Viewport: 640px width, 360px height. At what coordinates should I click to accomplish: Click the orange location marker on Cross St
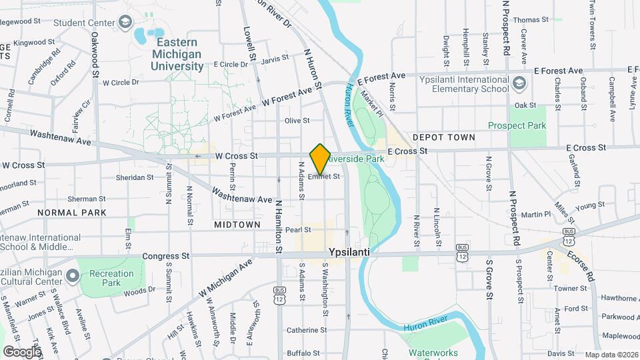[x=321, y=159]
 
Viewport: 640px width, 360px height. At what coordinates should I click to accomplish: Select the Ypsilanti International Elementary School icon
[x=520, y=84]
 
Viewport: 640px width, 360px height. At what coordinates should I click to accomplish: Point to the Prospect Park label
[x=517, y=125]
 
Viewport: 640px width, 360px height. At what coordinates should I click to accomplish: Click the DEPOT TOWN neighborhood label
[x=443, y=137]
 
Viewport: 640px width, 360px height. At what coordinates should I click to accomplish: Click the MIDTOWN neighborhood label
[x=237, y=225]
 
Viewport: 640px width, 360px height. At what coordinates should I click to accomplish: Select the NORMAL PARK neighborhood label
[x=72, y=213]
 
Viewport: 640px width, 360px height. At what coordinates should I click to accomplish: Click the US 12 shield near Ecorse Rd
[x=568, y=237]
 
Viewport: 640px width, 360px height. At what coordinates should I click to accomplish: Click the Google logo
[x=22, y=351]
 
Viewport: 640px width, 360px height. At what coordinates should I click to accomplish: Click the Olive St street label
[x=297, y=121]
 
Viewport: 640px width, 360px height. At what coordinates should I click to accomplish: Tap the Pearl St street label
[x=298, y=230]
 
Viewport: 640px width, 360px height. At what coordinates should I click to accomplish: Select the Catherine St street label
[x=306, y=330]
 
